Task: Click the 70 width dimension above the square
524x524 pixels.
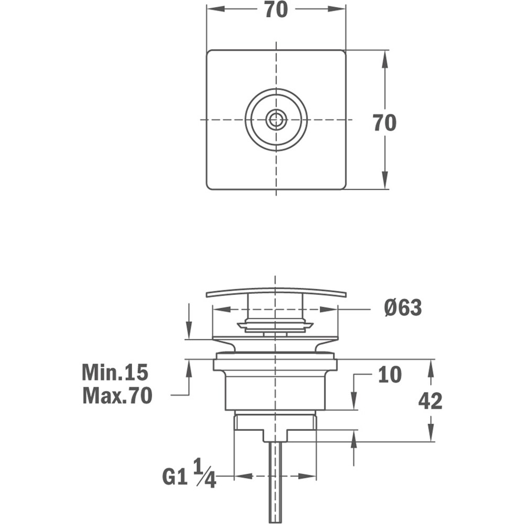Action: coord(276,9)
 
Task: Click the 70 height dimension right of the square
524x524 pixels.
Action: coord(385,122)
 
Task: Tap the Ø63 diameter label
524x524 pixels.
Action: coord(403,308)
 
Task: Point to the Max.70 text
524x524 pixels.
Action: coord(117,396)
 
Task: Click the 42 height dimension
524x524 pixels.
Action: coord(430,401)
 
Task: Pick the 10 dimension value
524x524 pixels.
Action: coord(390,374)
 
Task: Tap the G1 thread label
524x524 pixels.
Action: coord(174,477)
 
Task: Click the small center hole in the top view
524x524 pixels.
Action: coord(276,119)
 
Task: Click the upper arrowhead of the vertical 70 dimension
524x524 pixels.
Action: coord(385,60)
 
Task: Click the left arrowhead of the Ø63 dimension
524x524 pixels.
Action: coord(222,310)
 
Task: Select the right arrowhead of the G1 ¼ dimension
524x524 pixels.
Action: coord(307,476)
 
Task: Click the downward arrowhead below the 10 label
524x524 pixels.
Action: coord(354,401)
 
